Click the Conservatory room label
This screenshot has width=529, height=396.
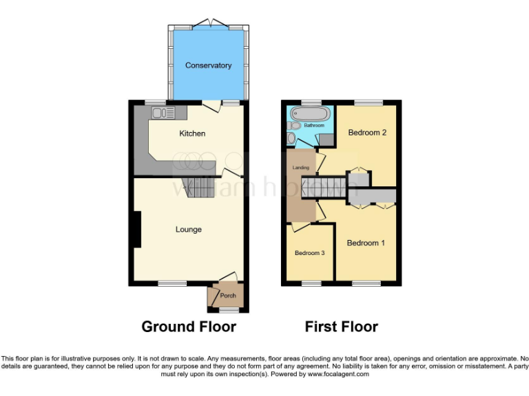[x=208, y=65]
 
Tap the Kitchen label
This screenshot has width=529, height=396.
[x=192, y=133]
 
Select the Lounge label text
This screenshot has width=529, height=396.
[x=188, y=229]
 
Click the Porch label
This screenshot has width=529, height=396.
[x=228, y=296]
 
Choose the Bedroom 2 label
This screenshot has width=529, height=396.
[x=366, y=132]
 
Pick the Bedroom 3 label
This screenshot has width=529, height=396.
[x=309, y=253]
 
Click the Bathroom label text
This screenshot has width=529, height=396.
[x=314, y=126]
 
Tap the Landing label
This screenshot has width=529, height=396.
[x=300, y=168]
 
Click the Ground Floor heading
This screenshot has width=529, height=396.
[x=189, y=327]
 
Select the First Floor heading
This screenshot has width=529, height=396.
[x=342, y=327]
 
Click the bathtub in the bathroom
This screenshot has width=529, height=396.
[x=311, y=112]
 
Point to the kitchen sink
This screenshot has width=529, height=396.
[x=160, y=112]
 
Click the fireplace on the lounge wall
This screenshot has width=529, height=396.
[x=136, y=229]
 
